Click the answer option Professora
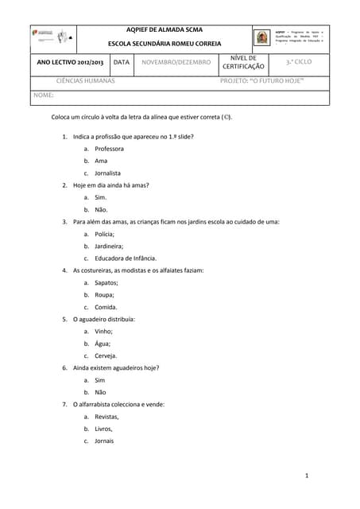pos(109,149)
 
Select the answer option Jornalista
pos(107,173)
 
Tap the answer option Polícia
pos(104,235)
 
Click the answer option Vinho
pos(103,331)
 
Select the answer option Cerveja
pos(106,356)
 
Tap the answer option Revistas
pos(106,417)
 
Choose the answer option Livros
pos(103,429)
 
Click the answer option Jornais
pos(104,441)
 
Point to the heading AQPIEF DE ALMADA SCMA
pos(165,29)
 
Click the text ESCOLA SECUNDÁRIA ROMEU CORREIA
pos(165,44)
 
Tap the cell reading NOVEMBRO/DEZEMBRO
pos(176,62)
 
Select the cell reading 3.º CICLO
pos(300,61)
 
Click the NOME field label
pos(43,95)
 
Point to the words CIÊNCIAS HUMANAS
pos(85,81)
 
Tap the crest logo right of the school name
pos(261,37)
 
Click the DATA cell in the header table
pos(121,62)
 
